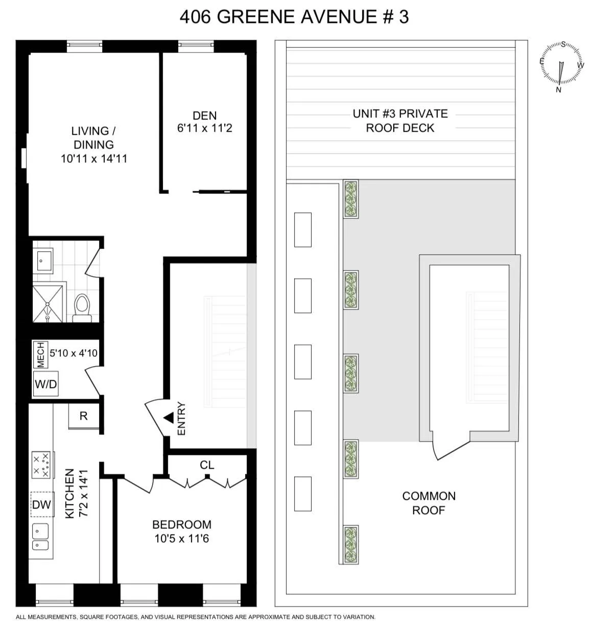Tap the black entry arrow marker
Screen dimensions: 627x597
click(168, 418)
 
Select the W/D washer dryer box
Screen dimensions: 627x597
click(45, 384)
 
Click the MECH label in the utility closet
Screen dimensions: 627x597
click(40, 355)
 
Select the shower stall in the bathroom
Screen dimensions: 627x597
click(48, 304)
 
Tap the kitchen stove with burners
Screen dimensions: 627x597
click(41, 465)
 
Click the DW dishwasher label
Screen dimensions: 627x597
click(41, 504)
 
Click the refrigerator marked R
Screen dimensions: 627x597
click(84, 416)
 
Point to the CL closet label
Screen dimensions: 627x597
click(207, 465)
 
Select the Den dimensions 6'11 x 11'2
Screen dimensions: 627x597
click(204, 128)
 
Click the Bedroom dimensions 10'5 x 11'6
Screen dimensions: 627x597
click(182, 538)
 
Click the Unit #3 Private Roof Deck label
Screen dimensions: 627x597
click(400, 120)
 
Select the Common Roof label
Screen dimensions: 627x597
click(428, 503)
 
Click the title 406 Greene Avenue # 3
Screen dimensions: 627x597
click(294, 17)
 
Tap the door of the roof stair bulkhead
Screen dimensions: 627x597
click(451, 447)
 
